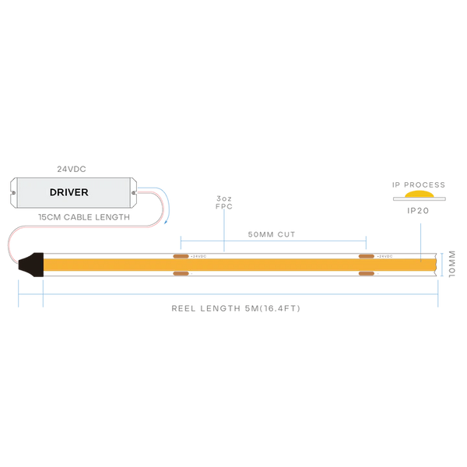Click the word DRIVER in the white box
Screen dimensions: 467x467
69,192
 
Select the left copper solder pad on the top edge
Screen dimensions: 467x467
180,255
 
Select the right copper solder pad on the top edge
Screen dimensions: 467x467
365,255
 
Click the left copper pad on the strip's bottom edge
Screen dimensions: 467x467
180,272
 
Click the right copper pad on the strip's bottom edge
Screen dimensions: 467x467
365,272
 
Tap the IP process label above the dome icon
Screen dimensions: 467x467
419,184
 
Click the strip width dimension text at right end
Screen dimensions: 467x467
451,264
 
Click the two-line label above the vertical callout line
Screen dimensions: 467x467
224,204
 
